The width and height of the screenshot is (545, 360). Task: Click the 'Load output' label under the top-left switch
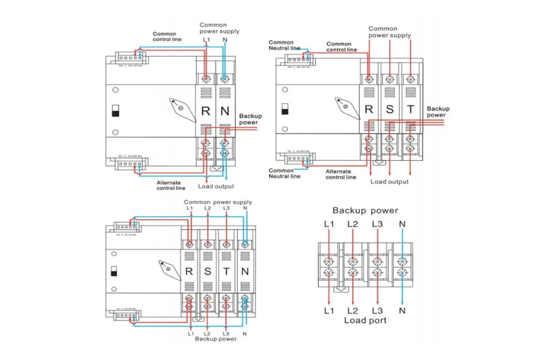[216, 186]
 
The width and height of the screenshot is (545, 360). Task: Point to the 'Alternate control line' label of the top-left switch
[171, 185]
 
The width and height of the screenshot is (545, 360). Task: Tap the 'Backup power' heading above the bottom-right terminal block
[365, 211]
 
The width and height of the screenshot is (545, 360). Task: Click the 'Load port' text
[365, 319]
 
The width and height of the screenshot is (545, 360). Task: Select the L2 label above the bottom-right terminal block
[352, 224]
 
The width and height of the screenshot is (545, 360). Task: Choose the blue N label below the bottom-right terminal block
[402, 311]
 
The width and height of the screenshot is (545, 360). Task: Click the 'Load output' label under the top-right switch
[390, 182]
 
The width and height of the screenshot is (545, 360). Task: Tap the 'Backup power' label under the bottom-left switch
[216, 338]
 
